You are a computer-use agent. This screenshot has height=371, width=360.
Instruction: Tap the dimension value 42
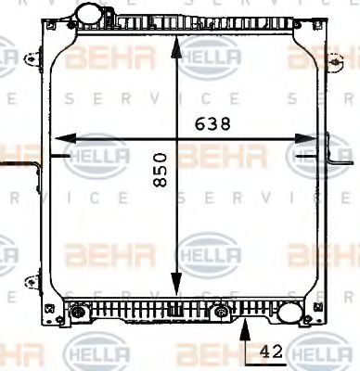coord(272,352)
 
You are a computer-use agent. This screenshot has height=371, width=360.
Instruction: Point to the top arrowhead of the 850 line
coord(176,44)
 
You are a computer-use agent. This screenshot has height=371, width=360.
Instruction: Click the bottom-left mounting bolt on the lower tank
coord(76,313)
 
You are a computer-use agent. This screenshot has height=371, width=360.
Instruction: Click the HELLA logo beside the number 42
coord(317,353)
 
